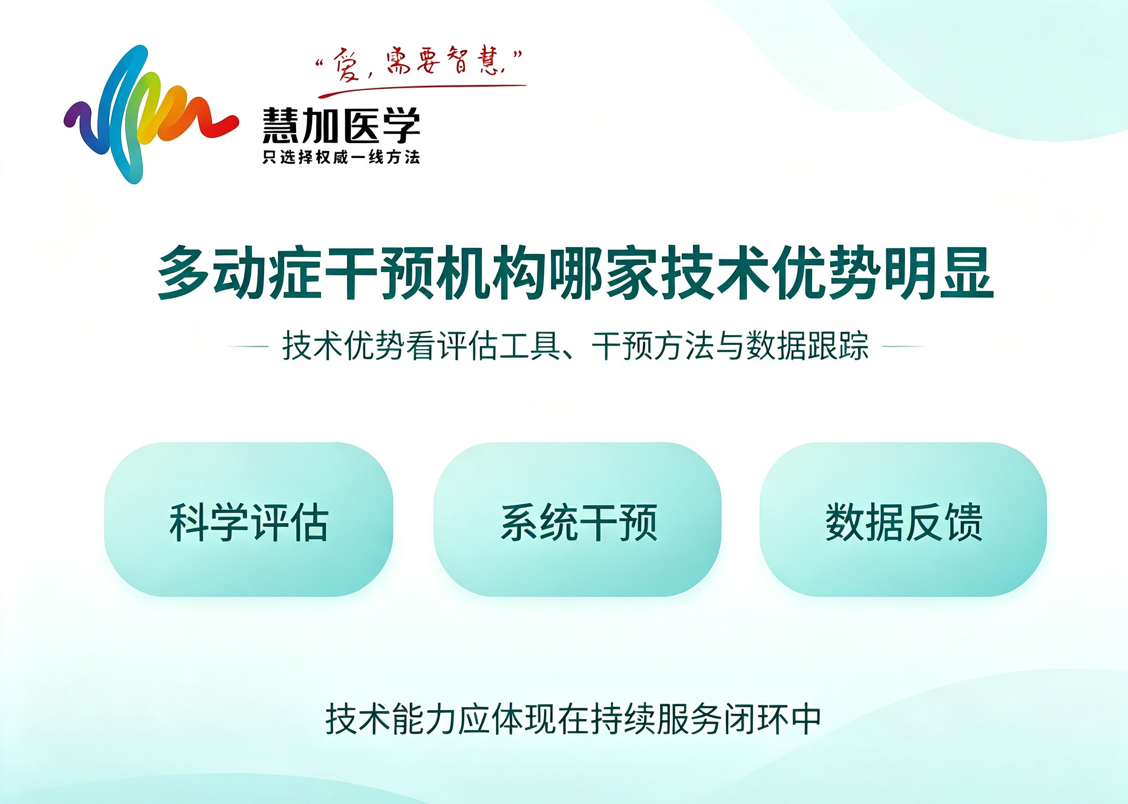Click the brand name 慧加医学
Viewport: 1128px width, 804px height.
(x=341, y=125)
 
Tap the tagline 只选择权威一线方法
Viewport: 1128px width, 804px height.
(x=341, y=157)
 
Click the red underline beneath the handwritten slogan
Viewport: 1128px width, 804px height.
(x=423, y=90)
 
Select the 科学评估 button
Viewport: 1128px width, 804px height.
(x=248, y=519)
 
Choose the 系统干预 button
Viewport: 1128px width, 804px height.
(x=577, y=519)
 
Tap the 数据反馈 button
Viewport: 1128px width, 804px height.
(x=903, y=519)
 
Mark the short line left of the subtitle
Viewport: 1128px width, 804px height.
(x=248, y=346)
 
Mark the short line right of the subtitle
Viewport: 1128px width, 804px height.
(x=903, y=346)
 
